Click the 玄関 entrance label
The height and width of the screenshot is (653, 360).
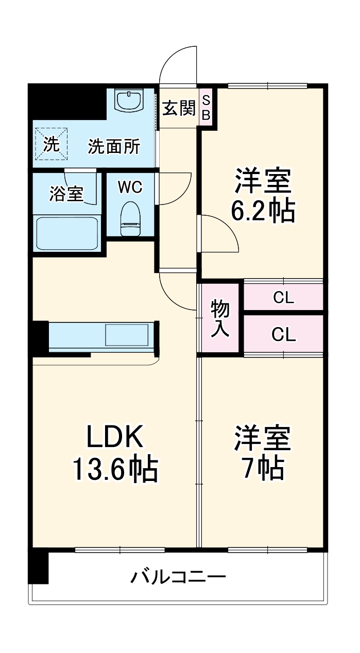coord(179,108)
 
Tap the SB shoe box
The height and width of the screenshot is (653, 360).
coord(205,108)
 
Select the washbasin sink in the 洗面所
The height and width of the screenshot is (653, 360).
coord(129,100)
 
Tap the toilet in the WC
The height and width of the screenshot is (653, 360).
coord(131,217)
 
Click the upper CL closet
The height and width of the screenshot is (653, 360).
coord(283,298)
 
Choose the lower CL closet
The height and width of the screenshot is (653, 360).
coord(283,335)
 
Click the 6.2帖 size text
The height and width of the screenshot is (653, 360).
coord(263,210)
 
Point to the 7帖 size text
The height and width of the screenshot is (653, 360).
coord(263,467)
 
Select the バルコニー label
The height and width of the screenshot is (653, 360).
coord(178,576)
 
